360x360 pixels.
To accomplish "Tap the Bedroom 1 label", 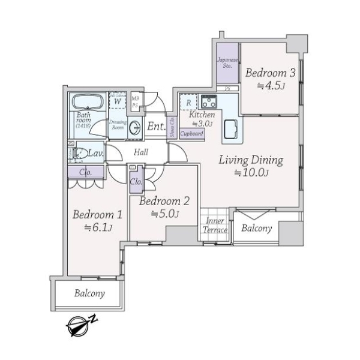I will pyautogui.click(x=98, y=215).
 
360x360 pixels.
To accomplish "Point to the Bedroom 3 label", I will pyautogui.click(x=270, y=73).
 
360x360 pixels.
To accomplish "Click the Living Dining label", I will pyautogui.click(x=250, y=160).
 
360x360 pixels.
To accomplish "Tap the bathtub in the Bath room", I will pyautogui.click(x=88, y=101).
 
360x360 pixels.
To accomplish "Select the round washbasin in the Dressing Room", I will pyautogui.click(x=136, y=127).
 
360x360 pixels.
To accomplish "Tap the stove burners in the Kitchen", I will pyautogui.click(x=209, y=101).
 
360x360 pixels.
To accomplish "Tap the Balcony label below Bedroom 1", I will pyautogui.click(x=90, y=294).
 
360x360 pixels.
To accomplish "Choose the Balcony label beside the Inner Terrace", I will pyautogui.click(x=257, y=229).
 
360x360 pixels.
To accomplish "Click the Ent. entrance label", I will pyautogui.click(x=156, y=127).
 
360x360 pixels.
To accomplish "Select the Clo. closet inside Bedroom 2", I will pyautogui.click(x=136, y=181).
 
